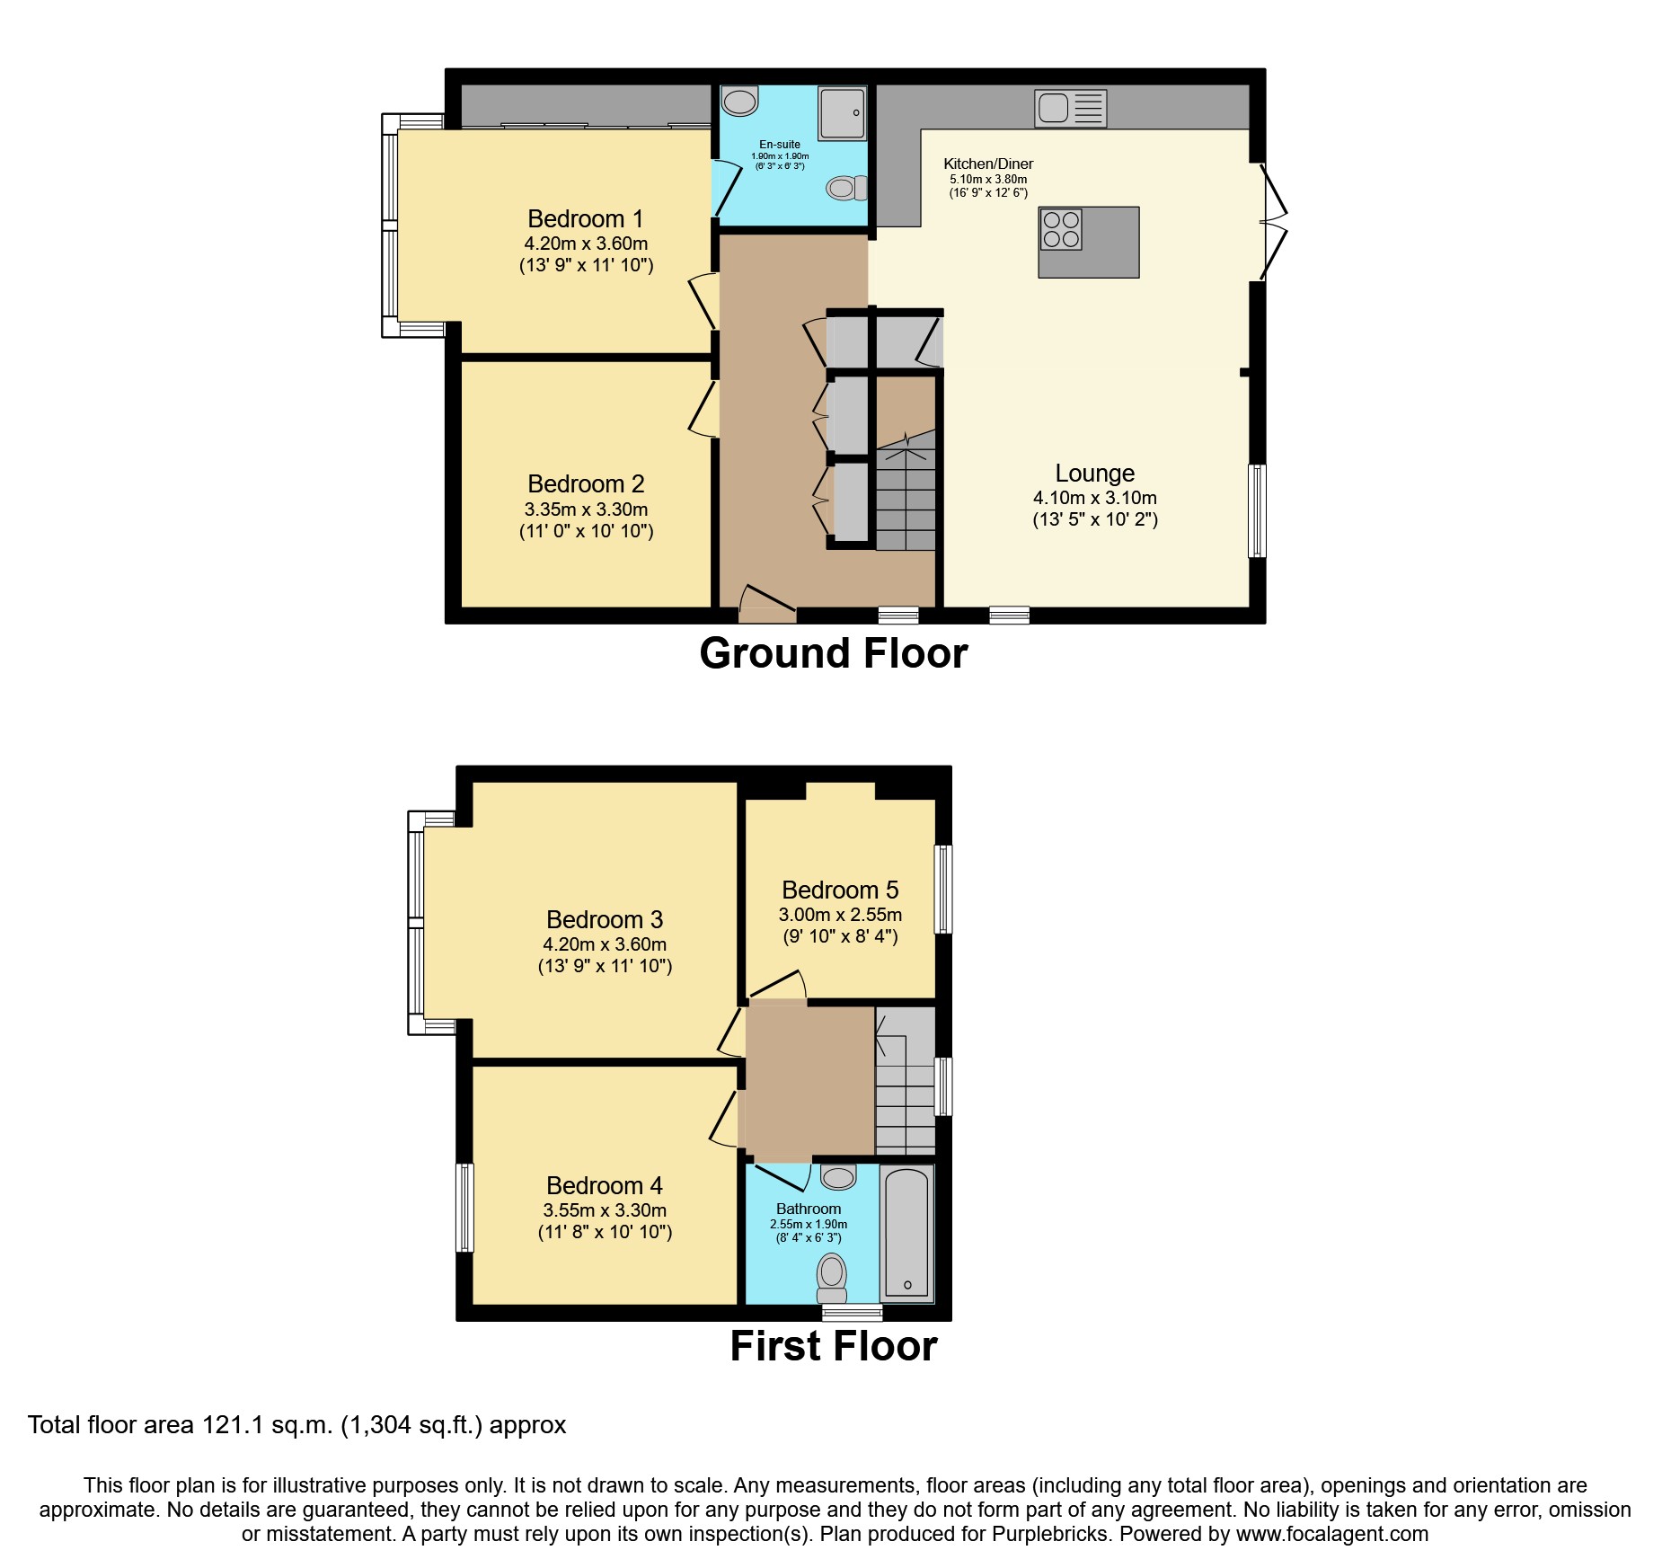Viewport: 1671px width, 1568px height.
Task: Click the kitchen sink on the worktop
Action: point(1070,109)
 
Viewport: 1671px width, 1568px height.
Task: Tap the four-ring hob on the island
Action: point(1061,228)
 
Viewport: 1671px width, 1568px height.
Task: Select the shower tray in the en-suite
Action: point(842,114)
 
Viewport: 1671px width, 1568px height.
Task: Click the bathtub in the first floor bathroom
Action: point(906,1234)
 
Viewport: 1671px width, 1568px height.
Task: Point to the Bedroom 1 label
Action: point(585,219)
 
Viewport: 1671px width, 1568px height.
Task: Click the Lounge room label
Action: point(1094,474)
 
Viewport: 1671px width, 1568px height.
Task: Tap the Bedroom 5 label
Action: point(839,890)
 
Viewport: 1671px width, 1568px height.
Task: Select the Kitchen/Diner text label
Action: point(988,164)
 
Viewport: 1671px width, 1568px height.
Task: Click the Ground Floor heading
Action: point(833,654)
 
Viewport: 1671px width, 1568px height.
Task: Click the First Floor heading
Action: point(833,1347)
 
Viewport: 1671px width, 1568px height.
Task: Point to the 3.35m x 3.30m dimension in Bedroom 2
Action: point(586,509)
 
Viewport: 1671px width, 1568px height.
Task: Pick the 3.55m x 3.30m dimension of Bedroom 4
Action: point(605,1210)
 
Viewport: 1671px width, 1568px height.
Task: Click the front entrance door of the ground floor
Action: point(766,605)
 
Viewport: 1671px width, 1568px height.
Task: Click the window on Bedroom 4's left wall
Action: point(464,1207)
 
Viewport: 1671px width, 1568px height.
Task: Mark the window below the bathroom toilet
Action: point(852,1314)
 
